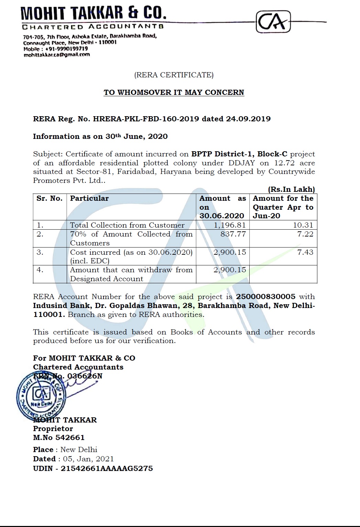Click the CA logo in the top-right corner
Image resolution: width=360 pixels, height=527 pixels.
coord(273,22)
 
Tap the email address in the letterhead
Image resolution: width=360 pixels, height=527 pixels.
coord(56,54)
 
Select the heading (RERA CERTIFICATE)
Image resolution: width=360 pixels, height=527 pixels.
coord(174,75)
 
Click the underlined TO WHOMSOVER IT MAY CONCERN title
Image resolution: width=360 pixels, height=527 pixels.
coord(174,92)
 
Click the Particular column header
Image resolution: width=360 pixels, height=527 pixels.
coord(89,198)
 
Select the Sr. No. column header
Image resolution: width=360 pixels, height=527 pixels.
coord(50,198)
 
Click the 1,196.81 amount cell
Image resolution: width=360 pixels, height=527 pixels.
coord(230,225)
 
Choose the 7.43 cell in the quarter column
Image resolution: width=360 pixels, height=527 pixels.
coord(305,252)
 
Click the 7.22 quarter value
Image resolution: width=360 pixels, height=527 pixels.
coord(305,234)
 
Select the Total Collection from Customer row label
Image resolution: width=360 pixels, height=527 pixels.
coord(127,225)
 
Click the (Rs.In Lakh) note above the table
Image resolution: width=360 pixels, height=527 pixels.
coord(291,189)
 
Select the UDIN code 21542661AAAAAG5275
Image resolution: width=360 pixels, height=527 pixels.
coord(107,469)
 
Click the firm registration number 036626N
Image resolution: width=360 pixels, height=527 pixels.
coord(85,376)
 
